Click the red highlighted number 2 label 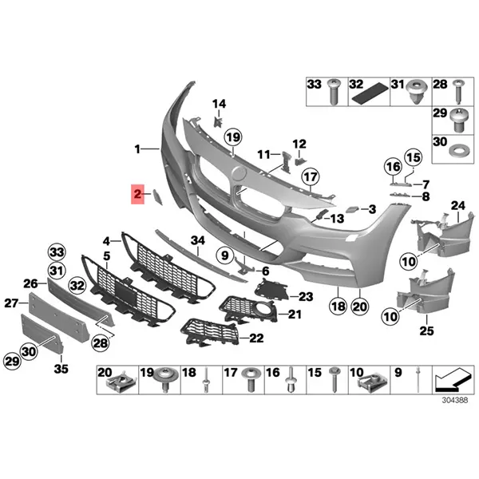[x=137, y=194]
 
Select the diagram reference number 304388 [x=455, y=400]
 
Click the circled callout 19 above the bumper [x=233, y=137]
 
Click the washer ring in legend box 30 [x=457, y=151]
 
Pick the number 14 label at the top [x=219, y=104]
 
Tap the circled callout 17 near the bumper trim [x=311, y=177]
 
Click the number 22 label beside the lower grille [x=256, y=338]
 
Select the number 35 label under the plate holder [x=61, y=369]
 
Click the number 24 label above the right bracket [x=458, y=206]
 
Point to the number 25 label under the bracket [x=426, y=331]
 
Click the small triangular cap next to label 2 [x=157, y=197]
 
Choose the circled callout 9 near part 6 [x=225, y=255]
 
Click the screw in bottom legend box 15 [x=335, y=380]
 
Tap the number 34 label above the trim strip [x=198, y=241]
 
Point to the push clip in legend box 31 [x=415, y=92]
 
